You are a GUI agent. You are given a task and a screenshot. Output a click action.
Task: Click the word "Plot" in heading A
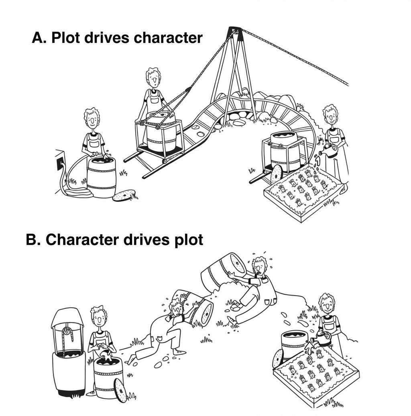pos(65,37)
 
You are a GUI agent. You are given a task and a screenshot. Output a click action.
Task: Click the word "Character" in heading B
pos(82,239)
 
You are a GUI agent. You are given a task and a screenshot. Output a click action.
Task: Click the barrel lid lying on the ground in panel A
pos(124,195)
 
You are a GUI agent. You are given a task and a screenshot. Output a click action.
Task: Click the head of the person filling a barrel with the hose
pos(92,119)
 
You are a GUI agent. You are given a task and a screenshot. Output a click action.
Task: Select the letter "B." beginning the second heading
pos(33,239)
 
